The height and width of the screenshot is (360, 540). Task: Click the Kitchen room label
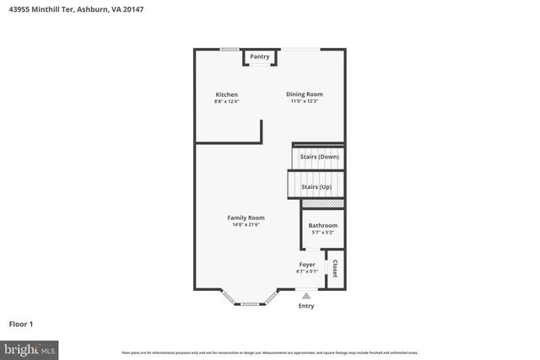pyautogui.click(x=226, y=94)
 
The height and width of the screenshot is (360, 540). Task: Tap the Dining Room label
pyautogui.click(x=304, y=94)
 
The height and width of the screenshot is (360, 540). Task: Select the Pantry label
pyautogui.click(x=260, y=56)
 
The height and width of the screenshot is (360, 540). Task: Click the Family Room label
pyautogui.click(x=246, y=218)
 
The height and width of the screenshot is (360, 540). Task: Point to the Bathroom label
pyautogui.click(x=322, y=225)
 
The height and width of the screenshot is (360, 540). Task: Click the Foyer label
pyautogui.click(x=307, y=265)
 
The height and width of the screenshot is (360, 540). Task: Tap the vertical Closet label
pyautogui.click(x=335, y=269)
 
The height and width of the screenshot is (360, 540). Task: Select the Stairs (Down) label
pyautogui.click(x=320, y=157)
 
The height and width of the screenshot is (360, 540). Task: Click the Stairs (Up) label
pyautogui.click(x=316, y=186)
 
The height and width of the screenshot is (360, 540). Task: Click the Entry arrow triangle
pyautogui.click(x=305, y=296)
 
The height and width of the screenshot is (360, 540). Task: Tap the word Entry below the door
pyautogui.click(x=305, y=306)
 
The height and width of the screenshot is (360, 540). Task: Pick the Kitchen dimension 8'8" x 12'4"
pyautogui.click(x=226, y=102)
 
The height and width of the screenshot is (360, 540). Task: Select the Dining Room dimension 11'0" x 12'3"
pyautogui.click(x=304, y=102)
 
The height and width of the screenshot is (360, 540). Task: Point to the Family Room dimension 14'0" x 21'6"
pyautogui.click(x=246, y=225)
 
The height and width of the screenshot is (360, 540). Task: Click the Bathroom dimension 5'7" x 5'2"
pyautogui.click(x=322, y=233)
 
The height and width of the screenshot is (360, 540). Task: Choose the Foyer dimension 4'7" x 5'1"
pyautogui.click(x=307, y=271)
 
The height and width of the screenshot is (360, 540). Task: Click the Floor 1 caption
pyautogui.click(x=21, y=324)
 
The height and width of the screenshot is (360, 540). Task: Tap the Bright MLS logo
pyautogui.click(x=30, y=348)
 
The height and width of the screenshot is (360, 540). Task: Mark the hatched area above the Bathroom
pyautogui.click(x=322, y=203)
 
